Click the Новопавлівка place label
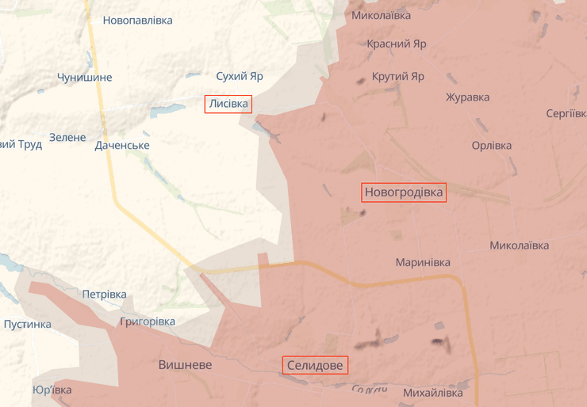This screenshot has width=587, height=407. tap(137, 20)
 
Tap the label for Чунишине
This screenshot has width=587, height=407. tap(84, 78)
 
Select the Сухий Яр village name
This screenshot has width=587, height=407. tap(240, 77)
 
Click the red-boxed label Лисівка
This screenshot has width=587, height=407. tap(228, 104)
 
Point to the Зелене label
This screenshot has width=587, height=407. tap(67, 137)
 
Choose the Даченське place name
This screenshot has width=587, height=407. tap(122, 146)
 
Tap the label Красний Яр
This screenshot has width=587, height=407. tap(396, 44)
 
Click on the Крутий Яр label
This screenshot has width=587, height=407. tap(398, 77)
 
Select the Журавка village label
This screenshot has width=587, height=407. tap(467, 97)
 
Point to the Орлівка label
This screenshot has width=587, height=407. tap(492, 146)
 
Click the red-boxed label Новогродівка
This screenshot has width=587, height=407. tap(404, 192)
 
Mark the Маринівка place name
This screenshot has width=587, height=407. tap(423, 262)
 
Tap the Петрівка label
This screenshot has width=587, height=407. tap(104, 295)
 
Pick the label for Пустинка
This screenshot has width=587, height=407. tap(28, 324)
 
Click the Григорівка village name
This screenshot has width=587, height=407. tap(148, 321)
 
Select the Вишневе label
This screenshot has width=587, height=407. tap(185, 365)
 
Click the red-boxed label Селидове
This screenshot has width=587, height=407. tap(315, 365)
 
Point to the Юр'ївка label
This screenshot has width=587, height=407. tap(52, 390)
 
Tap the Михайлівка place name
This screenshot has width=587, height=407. tap(432, 393)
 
